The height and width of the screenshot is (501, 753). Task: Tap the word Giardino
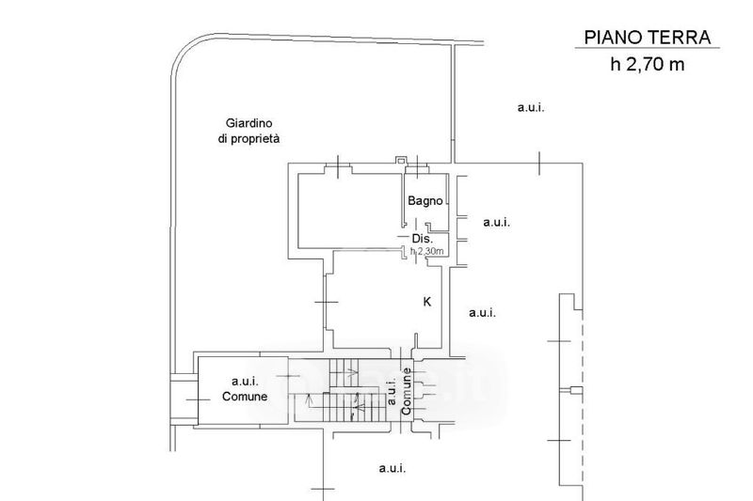tap(248, 123)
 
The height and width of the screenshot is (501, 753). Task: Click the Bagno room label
tap(425, 200)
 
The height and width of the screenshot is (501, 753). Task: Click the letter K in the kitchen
tap(426, 302)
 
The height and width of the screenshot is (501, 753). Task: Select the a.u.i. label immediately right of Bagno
tap(496, 223)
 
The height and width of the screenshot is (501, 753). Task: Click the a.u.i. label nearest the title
tap(531, 107)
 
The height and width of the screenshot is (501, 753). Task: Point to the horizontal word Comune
tap(245, 396)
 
